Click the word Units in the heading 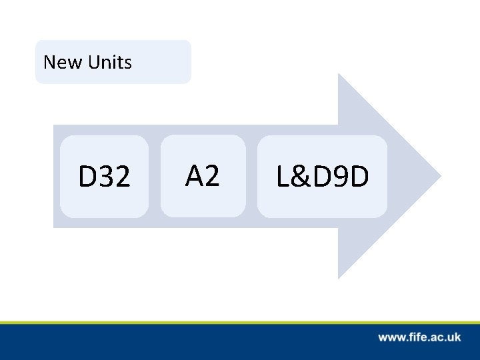click(109, 63)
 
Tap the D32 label click(104, 177)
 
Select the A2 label click(202, 176)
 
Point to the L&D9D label click(322, 177)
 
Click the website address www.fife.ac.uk click(419, 337)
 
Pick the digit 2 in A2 click(211, 176)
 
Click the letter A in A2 click(194, 176)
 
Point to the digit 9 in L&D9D click(341, 177)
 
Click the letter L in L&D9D click(283, 177)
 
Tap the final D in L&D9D click(359, 177)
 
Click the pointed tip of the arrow click(439, 177)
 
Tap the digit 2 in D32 click(122, 177)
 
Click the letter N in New click(49, 63)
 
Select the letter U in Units click(94, 63)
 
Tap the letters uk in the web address click(454, 337)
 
